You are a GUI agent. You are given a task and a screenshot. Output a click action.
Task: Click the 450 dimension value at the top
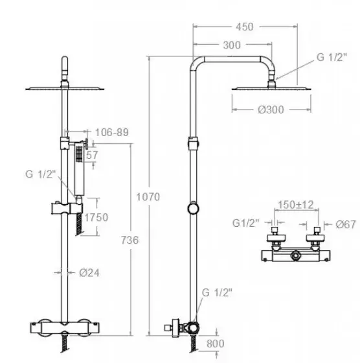[x=244, y=27]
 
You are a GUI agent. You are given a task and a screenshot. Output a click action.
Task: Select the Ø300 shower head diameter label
[x=271, y=110]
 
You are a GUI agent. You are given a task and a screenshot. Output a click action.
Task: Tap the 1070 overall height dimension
[x=148, y=197]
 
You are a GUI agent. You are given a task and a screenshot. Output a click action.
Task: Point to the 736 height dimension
[x=129, y=240]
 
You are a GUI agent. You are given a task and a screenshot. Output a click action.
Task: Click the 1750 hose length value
[x=96, y=217]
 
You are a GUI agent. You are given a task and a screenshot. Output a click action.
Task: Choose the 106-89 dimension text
[x=112, y=132]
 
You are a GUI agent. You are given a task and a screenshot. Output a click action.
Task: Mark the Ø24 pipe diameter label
[x=89, y=273]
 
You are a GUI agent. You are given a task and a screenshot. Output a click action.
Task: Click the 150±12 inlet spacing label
[x=296, y=205]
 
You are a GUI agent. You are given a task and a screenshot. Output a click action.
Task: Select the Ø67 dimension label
[x=346, y=224]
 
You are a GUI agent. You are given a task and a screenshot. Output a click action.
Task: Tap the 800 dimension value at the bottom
[x=216, y=344]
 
